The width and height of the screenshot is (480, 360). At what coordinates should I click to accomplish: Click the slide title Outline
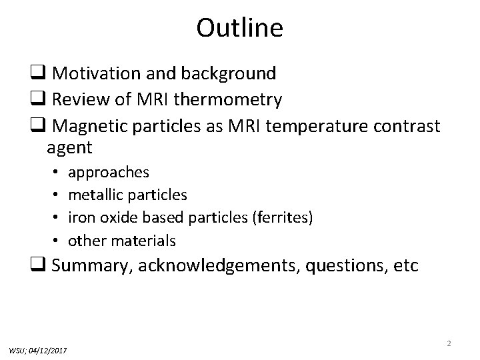(x=240, y=28)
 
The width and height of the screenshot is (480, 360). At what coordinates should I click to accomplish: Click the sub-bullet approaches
(x=109, y=172)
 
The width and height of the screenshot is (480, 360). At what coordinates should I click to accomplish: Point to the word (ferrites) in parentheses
(x=283, y=217)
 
